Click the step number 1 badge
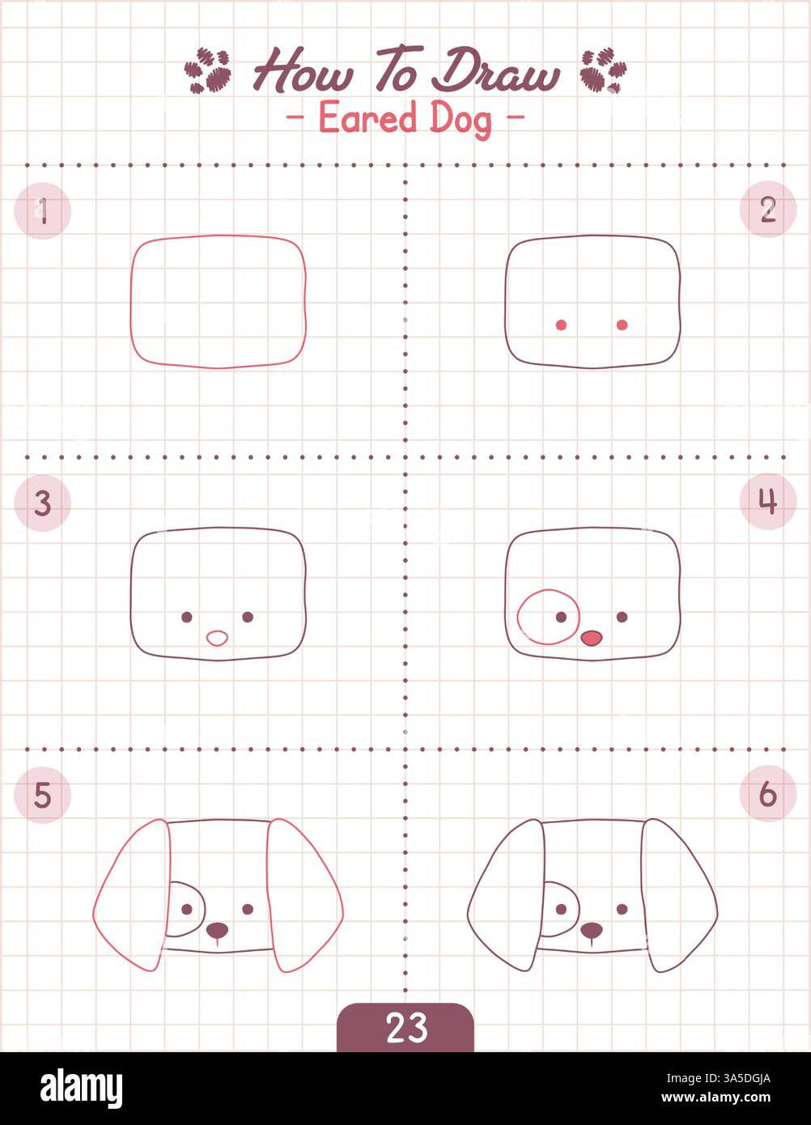click(x=43, y=211)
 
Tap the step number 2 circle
click(x=767, y=209)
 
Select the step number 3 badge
click(x=43, y=503)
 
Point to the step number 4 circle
click(x=767, y=502)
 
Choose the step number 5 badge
click(x=43, y=796)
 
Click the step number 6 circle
click(x=767, y=794)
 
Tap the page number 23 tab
click(x=405, y=1027)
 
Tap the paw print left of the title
click(x=208, y=70)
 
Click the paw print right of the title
click(x=603, y=70)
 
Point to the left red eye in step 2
click(x=561, y=325)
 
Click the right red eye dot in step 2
click(x=622, y=325)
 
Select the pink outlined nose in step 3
click(x=217, y=638)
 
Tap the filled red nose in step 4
click(x=592, y=639)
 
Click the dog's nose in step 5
click(x=217, y=930)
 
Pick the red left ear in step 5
click(x=132, y=894)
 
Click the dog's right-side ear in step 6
click(x=678, y=894)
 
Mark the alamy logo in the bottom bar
click(x=81, y=1089)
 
